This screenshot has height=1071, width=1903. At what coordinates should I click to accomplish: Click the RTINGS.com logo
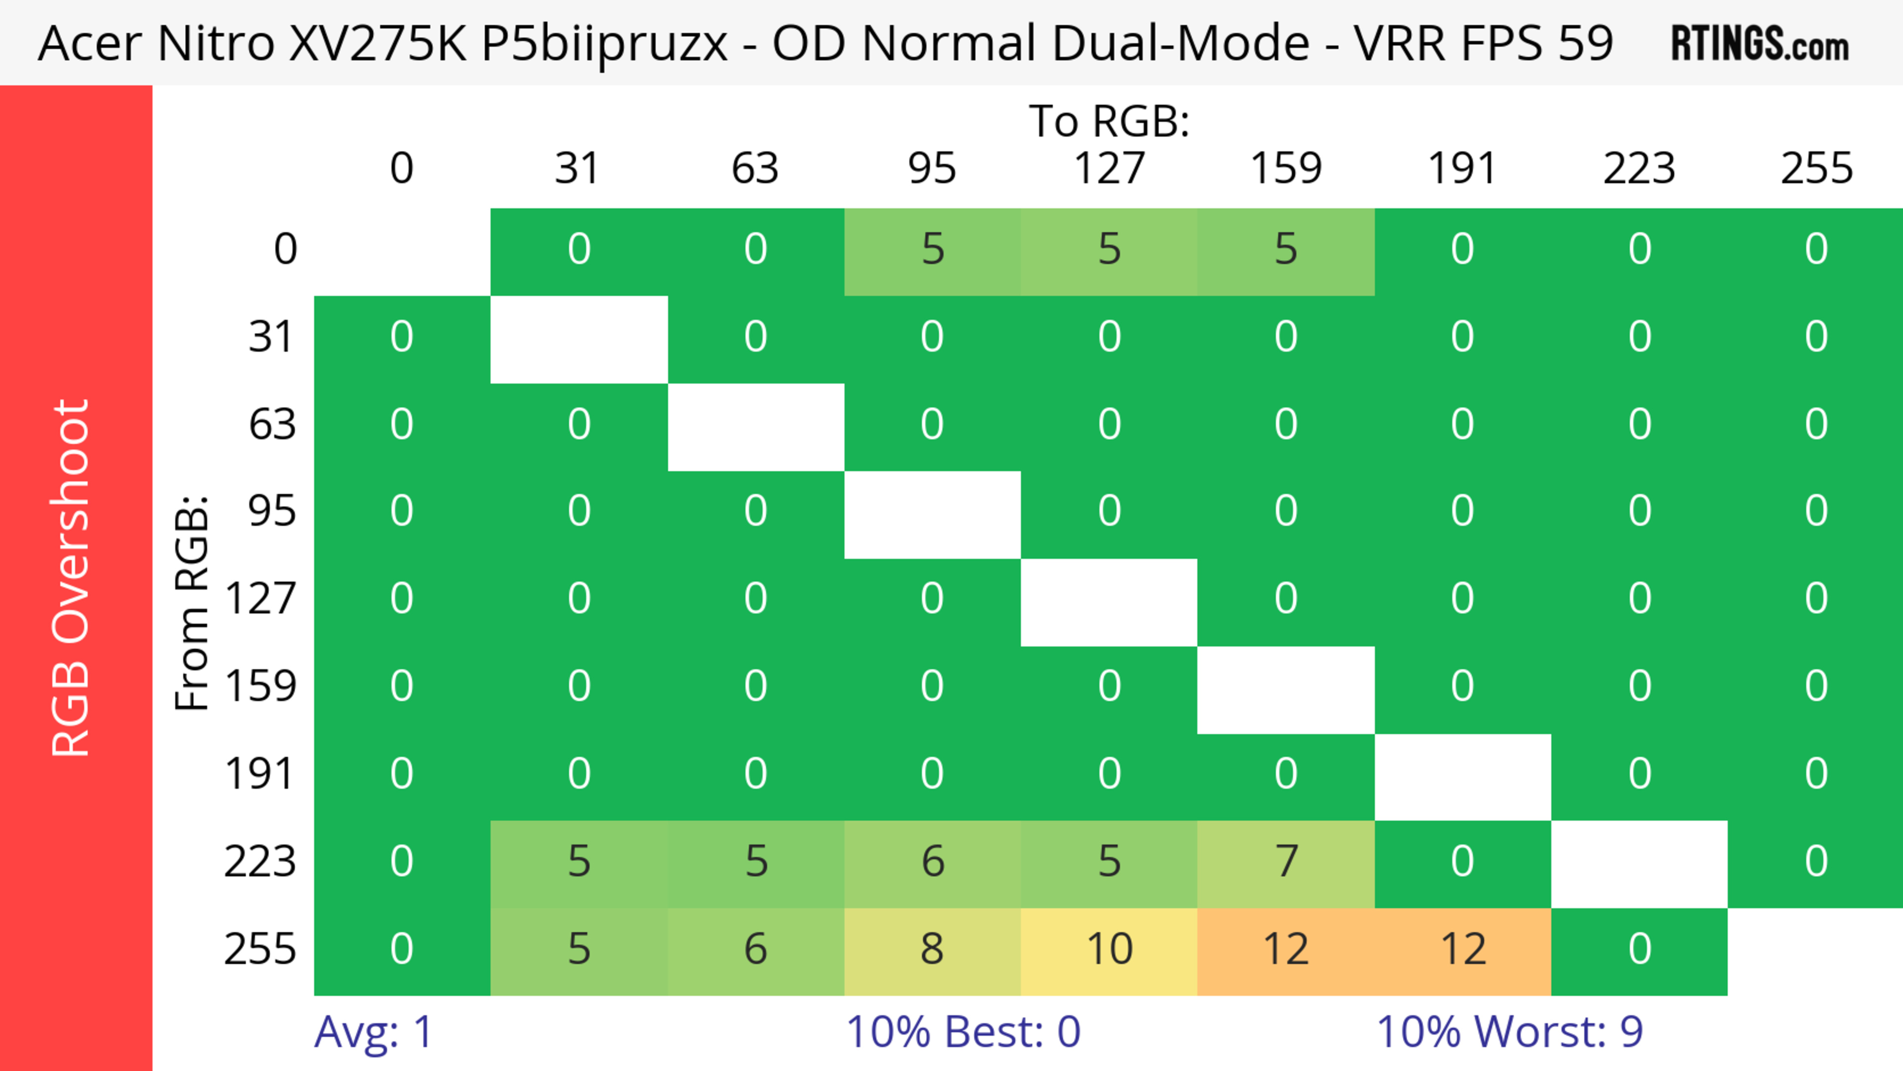1760,44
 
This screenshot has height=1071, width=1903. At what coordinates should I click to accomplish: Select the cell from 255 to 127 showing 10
1109,950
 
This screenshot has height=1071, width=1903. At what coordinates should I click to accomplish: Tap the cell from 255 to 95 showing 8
932,950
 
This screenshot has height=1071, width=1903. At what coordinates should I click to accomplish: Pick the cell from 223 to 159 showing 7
1286,862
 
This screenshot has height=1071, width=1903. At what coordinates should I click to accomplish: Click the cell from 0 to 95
932,250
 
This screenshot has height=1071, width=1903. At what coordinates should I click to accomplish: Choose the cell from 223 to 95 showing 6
932,862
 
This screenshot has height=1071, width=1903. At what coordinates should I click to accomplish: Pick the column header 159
1286,169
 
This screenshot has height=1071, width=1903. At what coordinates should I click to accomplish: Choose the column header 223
1639,169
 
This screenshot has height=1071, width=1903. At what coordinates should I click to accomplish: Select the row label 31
272,338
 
